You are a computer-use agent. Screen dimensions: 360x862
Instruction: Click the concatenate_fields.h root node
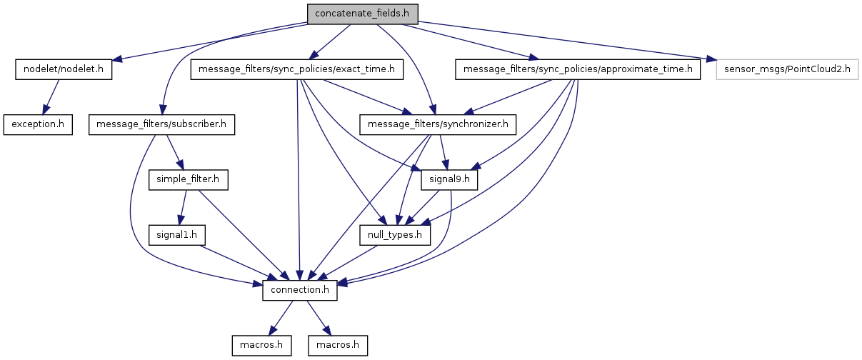[362, 14]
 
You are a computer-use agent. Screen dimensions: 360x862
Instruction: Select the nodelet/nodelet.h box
[64, 69]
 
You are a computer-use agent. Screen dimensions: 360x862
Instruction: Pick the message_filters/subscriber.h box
[161, 124]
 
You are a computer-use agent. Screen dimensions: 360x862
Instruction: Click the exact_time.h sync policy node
[297, 69]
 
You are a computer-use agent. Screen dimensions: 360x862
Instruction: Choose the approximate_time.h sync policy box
[578, 69]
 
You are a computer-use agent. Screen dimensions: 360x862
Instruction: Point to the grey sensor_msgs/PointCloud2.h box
[787, 69]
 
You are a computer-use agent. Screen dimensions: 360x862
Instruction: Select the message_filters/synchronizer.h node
[438, 124]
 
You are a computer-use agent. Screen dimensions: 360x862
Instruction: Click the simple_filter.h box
[189, 179]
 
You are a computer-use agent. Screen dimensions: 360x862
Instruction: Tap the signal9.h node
[448, 179]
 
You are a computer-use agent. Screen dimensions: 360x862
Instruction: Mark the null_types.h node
[395, 234]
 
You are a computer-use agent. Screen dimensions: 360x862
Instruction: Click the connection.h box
[300, 289]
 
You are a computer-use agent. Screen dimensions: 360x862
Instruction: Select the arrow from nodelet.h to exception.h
[51, 96]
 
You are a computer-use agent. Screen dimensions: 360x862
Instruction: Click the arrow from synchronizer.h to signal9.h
[443, 151]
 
